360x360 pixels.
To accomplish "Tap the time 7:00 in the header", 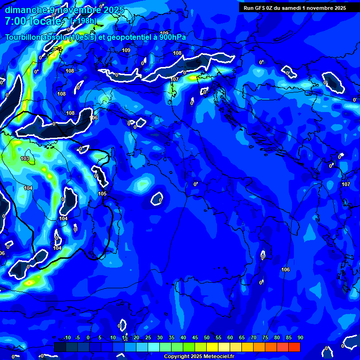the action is (x=15, y=22).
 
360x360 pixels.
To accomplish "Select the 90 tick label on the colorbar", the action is (x=300, y=338).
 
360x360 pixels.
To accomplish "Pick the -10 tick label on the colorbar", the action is (x=67, y=338).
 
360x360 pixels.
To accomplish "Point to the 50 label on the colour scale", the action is (x=207, y=338).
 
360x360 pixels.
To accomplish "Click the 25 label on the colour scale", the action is (x=148, y=338).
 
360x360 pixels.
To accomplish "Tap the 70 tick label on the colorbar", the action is (x=254, y=338).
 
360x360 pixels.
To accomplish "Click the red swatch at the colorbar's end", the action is (x=294, y=347).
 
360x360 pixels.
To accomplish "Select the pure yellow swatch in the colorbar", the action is (x=212, y=347).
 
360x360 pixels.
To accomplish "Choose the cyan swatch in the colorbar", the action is (x=154, y=347).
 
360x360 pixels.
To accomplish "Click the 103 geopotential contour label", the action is (x=25, y=159).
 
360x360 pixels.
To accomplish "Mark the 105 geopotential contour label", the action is (x=102, y=194).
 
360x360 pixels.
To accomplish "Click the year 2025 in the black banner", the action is (x=338, y=8).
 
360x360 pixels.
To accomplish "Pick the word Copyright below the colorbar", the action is (x=176, y=357).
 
